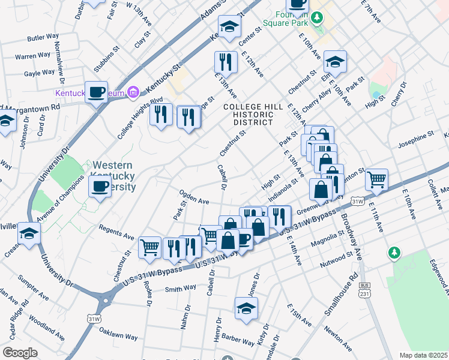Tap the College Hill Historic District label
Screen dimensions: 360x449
[x=248, y=114]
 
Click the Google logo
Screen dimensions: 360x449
[x=20, y=352]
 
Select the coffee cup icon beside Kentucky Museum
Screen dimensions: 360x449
[x=96, y=92]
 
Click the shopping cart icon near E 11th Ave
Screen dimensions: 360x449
[x=376, y=179]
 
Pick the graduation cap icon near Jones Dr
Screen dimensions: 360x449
[x=246, y=308]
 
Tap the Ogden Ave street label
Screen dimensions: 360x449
[x=193, y=197]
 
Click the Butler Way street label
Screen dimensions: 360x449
[x=41, y=37]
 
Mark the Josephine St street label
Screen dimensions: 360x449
[x=415, y=140]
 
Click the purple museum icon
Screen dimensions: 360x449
[x=133, y=92]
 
